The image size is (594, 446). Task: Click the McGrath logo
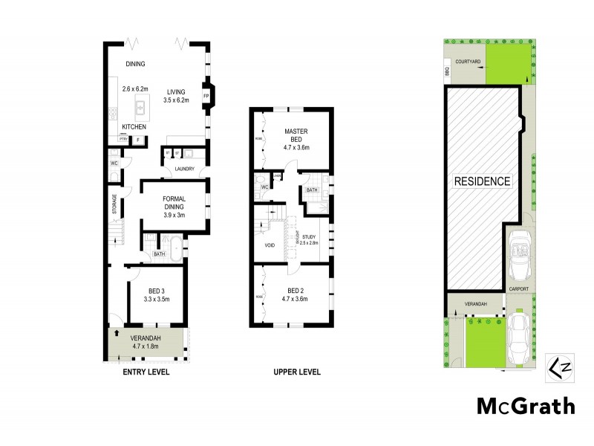click(x=525, y=406)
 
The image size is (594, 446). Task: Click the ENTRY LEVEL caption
click(x=146, y=372)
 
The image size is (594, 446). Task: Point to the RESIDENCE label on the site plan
click(x=483, y=181)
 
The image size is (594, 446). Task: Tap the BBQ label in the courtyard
click(x=447, y=72)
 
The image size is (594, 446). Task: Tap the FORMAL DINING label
click(x=174, y=206)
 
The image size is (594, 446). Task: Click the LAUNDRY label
click(x=184, y=169)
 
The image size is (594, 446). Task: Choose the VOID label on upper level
click(x=270, y=245)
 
